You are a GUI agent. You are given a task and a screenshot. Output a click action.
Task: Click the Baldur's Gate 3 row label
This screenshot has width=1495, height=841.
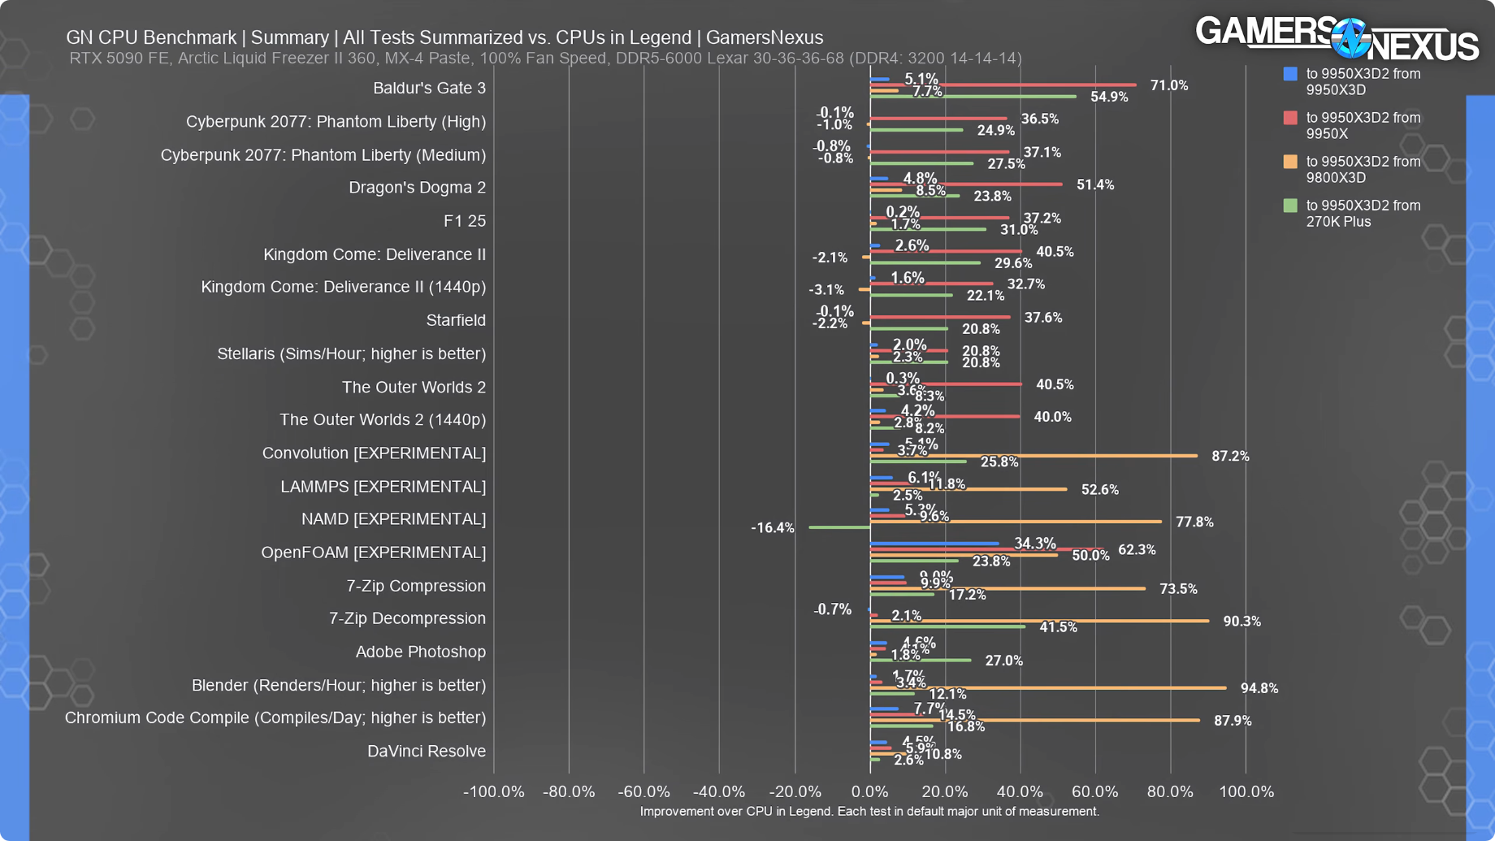429,88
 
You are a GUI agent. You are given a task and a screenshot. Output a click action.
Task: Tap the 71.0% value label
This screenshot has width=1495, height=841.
1169,85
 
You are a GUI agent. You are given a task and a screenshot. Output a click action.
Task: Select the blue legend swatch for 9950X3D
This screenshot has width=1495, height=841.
1290,74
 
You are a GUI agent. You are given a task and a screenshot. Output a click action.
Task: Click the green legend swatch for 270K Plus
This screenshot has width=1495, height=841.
1290,206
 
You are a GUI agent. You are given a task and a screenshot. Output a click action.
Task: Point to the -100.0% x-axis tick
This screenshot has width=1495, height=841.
493,791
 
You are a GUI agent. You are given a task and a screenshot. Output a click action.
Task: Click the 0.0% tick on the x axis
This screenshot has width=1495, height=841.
869,791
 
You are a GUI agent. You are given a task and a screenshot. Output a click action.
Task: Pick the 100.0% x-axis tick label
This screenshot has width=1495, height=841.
1246,791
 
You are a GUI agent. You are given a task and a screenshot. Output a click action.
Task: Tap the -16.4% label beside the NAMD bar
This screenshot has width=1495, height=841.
773,528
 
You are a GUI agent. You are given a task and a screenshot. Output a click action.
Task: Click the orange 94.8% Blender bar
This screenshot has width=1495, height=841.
1048,688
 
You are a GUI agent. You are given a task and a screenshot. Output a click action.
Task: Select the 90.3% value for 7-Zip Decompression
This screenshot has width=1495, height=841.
1241,622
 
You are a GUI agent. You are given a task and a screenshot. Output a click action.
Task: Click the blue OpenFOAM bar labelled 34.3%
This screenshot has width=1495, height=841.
934,544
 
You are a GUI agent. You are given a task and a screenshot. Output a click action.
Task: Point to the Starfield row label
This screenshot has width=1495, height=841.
456,320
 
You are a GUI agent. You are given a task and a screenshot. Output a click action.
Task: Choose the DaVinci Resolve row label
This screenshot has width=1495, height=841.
427,751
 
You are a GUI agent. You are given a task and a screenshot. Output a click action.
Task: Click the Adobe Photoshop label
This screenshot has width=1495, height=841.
420,652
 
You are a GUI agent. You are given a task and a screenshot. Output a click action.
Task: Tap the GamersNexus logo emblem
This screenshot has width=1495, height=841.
1351,38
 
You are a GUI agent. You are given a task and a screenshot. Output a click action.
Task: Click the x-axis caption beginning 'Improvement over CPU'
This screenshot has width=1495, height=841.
869,811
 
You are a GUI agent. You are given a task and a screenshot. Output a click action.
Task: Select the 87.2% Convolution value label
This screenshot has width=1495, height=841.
1230,457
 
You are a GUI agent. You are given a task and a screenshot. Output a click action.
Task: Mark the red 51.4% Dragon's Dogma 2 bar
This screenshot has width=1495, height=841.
966,184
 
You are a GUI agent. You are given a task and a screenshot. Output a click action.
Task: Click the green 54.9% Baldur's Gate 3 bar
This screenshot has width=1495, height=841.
973,97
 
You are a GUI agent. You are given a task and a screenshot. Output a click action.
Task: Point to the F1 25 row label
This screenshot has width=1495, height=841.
465,221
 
